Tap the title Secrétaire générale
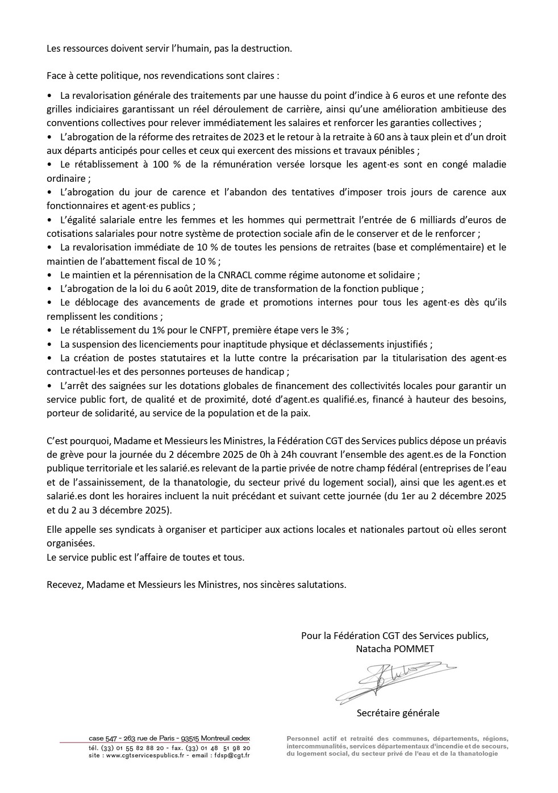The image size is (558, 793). pos(398,713)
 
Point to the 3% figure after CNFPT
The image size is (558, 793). pos(339,330)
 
